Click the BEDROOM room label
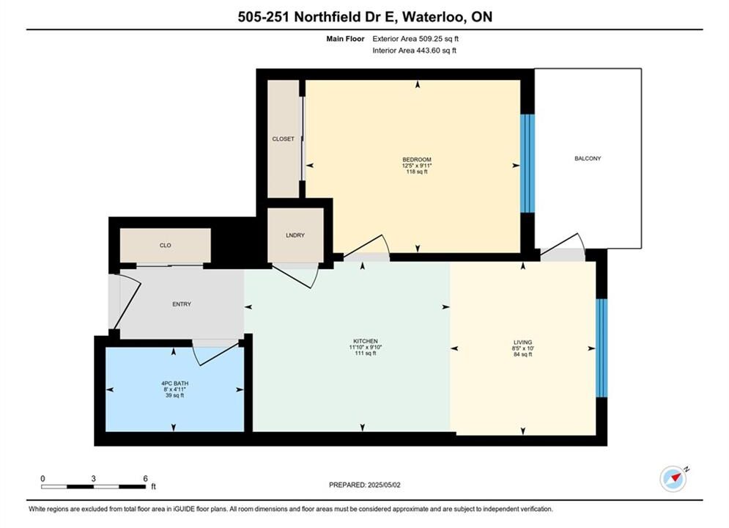coord(417,160)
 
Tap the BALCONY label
coord(588,158)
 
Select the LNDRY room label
coord(295,235)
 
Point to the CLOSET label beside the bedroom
coord(283,139)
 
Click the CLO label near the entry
coord(166,245)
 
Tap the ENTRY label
coord(182,304)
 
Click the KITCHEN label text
coord(366,341)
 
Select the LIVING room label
coord(522,342)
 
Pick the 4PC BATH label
coord(175,384)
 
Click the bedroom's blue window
coord(528,164)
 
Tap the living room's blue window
coord(602,348)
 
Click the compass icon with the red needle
coord(673,478)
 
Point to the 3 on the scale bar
coord(94,478)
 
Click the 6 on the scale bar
coord(146,478)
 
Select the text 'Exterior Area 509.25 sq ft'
coord(415,39)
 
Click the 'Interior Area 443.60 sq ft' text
coord(414,51)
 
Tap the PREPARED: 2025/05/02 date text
coord(365,485)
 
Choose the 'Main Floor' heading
coord(345,39)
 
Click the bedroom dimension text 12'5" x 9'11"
coord(417,166)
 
